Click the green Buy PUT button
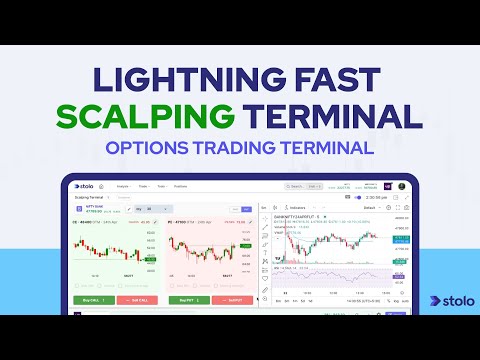(184, 299)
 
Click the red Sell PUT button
(232, 299)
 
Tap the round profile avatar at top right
(402, 186)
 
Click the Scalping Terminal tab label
(89, 197)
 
